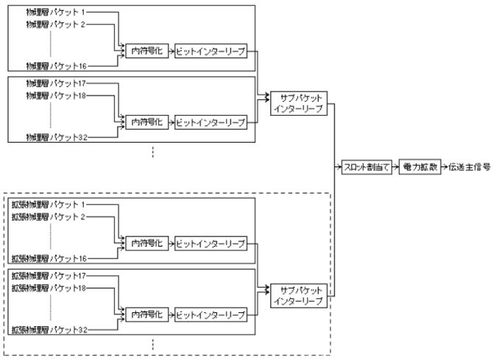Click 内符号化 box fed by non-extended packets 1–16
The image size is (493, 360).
click(x=146, y=52)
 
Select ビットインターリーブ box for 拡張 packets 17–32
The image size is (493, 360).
click(x=210, y=314)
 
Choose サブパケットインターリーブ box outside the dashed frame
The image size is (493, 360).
click(x=298, y=103)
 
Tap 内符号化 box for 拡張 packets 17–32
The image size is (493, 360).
click(x=146, y=314)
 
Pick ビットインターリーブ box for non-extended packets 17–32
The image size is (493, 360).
click(x=210, y=122)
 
